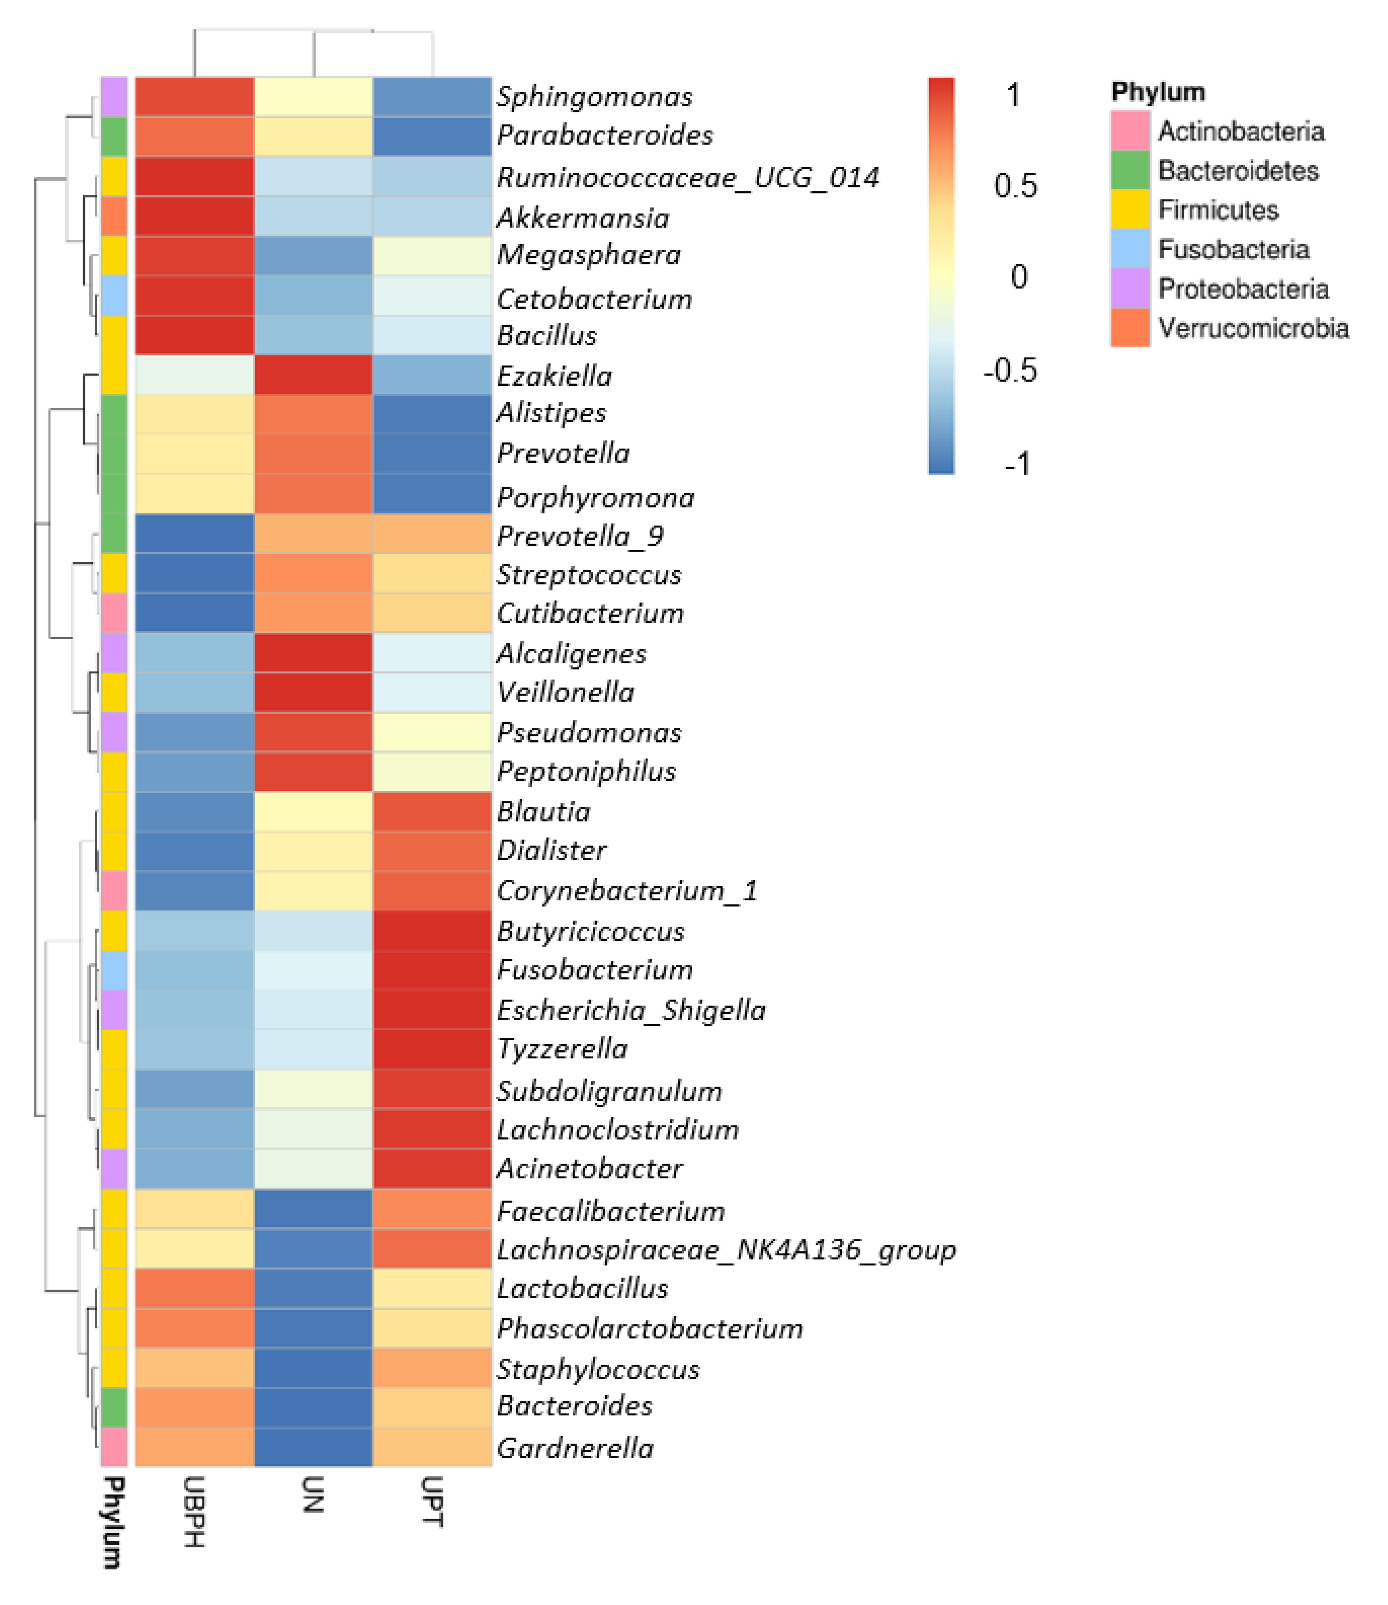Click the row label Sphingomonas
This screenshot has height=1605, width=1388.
(x=594, y=97)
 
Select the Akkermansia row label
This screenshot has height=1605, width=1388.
(x=582, y=218)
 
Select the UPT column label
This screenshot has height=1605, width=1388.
(x=432, y=1502)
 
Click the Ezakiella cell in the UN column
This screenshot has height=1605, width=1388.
(x=313, y=375)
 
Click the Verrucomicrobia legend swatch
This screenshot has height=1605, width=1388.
(x=1129, y=328)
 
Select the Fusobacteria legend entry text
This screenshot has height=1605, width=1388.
(x=1233, y=249)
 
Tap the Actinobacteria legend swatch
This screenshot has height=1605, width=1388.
(x=1129, y=131)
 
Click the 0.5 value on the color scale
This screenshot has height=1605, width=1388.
(x=1015, y=186)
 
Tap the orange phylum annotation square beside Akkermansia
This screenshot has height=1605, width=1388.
(x=114, y=216)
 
